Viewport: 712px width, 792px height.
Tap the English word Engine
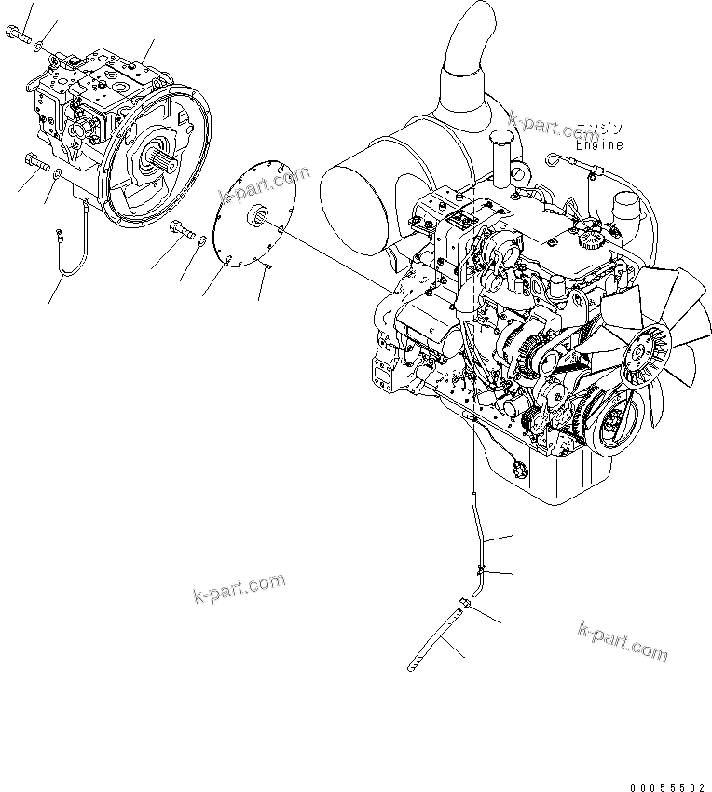click(x=599, y=144)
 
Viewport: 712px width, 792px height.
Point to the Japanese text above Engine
click(x=599, y=129)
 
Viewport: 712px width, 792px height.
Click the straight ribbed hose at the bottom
click(x=432, y=638)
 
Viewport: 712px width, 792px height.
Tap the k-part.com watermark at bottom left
click(x=238, y=589)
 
